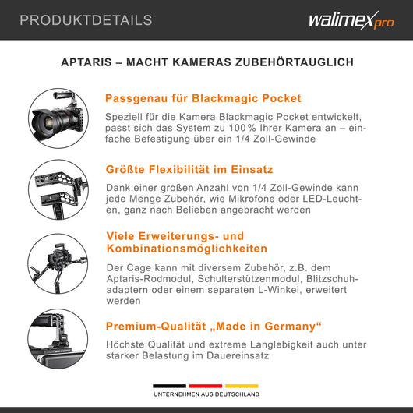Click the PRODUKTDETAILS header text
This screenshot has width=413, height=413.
(86, 20)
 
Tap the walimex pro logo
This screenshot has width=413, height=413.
(351, 20)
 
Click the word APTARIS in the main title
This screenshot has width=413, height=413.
(86, 62)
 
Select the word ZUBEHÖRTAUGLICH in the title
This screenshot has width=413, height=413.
(295, 62)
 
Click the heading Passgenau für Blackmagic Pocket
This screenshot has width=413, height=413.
(203, 98)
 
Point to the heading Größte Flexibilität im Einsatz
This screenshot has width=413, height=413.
(189, 170)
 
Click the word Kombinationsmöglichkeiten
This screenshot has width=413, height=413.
(187, 249)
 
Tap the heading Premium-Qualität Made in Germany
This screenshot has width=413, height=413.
(214, 327)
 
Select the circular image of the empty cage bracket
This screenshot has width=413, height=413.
(58, 189)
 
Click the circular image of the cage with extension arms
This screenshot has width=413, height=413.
(58, 263)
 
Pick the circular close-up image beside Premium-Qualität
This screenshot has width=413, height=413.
(58, 339)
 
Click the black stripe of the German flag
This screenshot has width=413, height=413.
(169, 386)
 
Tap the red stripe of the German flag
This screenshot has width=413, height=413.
(206, 386)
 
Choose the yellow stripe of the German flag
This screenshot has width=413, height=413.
(242, 386)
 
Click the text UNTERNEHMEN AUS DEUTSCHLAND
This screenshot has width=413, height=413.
(206, 394)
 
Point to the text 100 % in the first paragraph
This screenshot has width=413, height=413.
(242, 128)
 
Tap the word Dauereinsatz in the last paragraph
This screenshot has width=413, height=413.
(238, 355)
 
